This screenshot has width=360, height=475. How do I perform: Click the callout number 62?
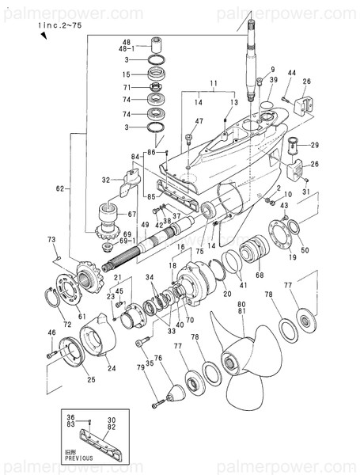(59, 189)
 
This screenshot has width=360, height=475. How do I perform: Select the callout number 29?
(314, 145)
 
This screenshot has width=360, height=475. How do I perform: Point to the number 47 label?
(199, 121)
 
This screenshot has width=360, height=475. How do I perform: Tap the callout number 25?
(91, 380)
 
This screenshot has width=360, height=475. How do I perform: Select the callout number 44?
(292, 74)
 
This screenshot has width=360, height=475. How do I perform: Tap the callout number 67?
(132, 215)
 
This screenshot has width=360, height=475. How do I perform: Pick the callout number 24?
(111, 367)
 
